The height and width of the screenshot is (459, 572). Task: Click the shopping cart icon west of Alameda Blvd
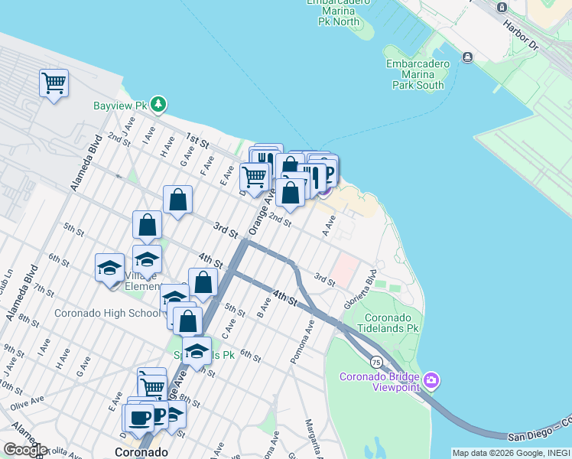pos(54,83)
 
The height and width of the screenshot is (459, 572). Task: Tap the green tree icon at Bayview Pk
pos(158,104)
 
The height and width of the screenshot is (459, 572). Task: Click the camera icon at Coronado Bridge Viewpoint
pos(431,380)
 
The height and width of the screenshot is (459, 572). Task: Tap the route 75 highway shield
pos(376,361)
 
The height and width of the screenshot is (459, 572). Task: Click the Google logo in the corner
pos(25,449)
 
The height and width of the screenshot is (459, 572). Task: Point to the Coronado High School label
pos(107,313)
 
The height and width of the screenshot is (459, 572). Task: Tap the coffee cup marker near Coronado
pos(140,418)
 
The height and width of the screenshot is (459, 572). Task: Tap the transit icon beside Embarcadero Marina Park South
pos(466,57)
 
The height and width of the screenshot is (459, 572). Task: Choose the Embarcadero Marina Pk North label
pos(338,11)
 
